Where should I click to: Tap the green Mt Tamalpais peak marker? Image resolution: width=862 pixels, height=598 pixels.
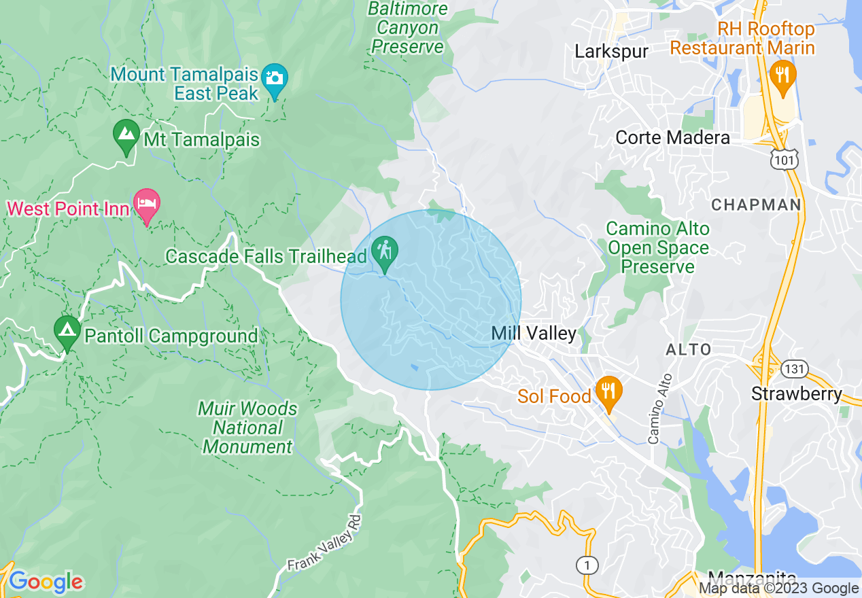point(126,135)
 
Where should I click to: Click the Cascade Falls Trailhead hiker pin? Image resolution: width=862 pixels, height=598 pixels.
point(385,251)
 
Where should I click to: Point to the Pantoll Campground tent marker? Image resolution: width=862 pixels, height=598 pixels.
point(67,331)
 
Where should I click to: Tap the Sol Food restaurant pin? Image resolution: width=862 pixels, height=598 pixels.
point(608,392)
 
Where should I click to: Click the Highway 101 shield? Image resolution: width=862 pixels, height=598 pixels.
point(784,160)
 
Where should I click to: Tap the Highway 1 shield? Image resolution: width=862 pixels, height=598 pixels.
point(586,564)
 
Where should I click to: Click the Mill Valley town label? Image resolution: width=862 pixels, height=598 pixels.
point(534,334)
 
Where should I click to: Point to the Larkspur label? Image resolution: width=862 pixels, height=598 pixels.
point(611,52)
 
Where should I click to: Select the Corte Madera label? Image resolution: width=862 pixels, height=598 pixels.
point(672,138)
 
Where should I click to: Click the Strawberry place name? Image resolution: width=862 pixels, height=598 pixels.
point(796,394)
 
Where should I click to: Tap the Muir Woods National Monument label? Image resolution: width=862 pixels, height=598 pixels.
point(248,427)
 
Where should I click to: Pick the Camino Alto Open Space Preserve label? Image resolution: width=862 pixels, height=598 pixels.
point(657,247)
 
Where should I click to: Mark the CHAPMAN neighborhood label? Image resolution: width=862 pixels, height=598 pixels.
point(756,205)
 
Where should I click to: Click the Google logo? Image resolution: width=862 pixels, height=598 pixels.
point(46,582)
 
